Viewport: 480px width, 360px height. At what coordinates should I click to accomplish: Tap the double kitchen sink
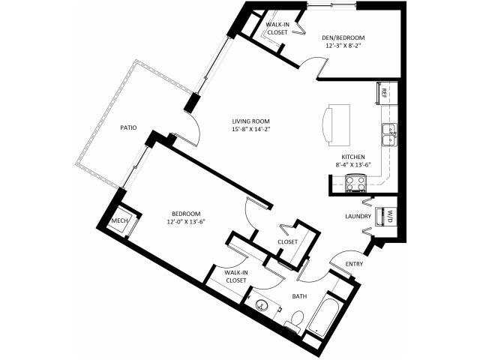(389, 135)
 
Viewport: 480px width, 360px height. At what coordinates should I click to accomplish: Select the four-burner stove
(355, 183)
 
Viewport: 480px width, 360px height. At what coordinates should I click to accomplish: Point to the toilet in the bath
(295, 320)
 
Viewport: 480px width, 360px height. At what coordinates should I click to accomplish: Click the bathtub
(325, 316)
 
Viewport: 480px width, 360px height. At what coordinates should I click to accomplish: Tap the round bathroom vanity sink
(261, 305)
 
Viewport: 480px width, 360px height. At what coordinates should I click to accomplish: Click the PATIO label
(128, 127)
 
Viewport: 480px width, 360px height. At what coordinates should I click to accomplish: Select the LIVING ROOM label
(250, 121)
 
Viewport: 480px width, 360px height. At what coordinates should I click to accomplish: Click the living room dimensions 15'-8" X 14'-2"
(250, 129)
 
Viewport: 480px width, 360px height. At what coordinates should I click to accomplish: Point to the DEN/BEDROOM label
(343, 38)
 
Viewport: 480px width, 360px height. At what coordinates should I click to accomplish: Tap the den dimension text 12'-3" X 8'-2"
(343, 46)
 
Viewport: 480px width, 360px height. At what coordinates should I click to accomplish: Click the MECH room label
(120, 220)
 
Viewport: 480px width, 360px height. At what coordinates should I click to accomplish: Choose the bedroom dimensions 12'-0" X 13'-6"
(186, 222)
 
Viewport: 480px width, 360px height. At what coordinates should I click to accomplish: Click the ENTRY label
(354, 264)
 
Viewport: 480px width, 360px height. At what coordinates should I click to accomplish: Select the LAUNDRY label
(358, 216)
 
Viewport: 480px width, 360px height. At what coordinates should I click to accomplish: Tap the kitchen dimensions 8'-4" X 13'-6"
(353, 165)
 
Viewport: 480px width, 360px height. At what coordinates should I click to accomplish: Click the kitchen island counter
(336, 125)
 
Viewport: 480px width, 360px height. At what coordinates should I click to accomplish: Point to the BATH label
(299, 296)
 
